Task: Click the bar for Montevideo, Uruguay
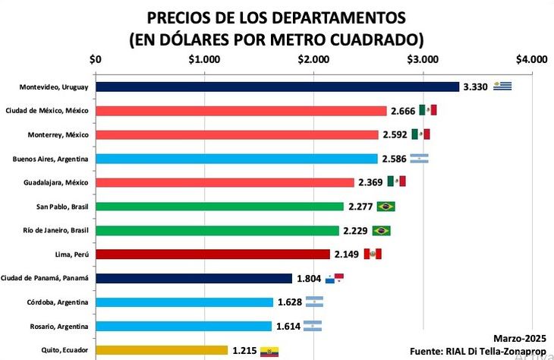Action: (277, 87)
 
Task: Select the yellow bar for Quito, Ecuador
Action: (161, 350)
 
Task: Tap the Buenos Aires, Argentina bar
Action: (236, 159)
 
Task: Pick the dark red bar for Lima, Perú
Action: (212, 254)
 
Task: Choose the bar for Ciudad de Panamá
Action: (194, 279)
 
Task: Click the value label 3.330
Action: (475, 87)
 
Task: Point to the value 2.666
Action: (403, 111)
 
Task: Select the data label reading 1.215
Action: (244, 350)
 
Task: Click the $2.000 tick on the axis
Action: (313, 59)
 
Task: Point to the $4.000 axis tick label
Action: (530, 59)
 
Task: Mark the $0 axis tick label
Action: (96, 59)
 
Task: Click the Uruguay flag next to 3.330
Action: (502, 86)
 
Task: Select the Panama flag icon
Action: (334, 279)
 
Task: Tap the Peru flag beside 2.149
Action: (373, 254)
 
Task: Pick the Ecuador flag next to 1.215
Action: (269, 351)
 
